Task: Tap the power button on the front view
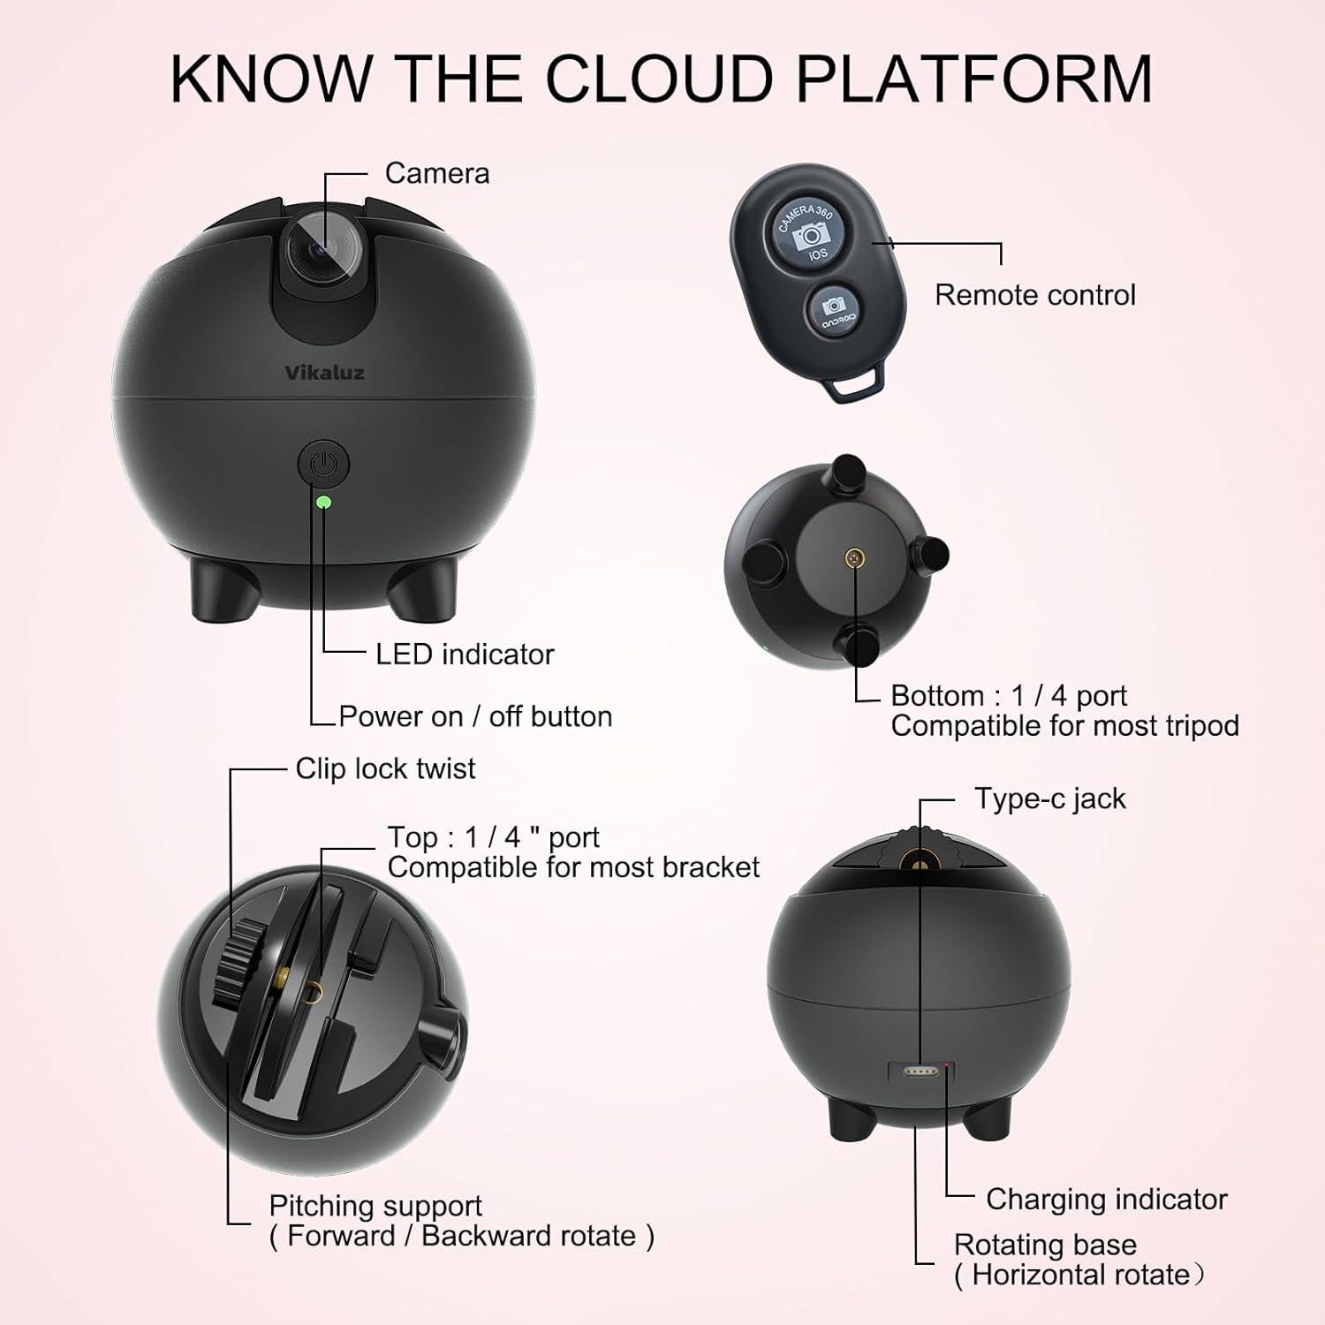tap(324, 464)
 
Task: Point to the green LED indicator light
tap(323, 502)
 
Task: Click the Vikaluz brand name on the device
tap(324, 373)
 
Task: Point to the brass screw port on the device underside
tap(854, 558)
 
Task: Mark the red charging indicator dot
tap(949, 1066)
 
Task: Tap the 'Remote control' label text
tap(1035, 295)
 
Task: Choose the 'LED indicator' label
tap(465, 655)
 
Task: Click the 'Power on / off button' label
tap(475, 716)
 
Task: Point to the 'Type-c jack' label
tap(1050, 799)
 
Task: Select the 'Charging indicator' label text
tap(1107, 1200)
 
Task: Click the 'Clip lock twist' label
tap(385, 768)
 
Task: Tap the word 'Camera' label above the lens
tap(437, 173)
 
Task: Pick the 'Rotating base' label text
tap(1045, 1245)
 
